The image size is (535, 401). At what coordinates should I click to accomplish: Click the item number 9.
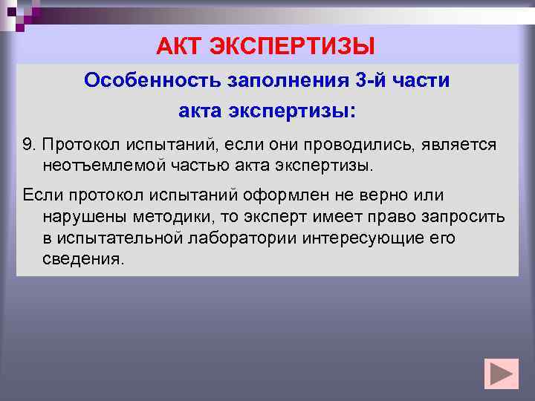pos(27,144)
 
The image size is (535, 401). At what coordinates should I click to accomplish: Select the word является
pos(461,144)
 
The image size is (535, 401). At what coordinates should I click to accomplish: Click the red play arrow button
pos(501,374)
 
